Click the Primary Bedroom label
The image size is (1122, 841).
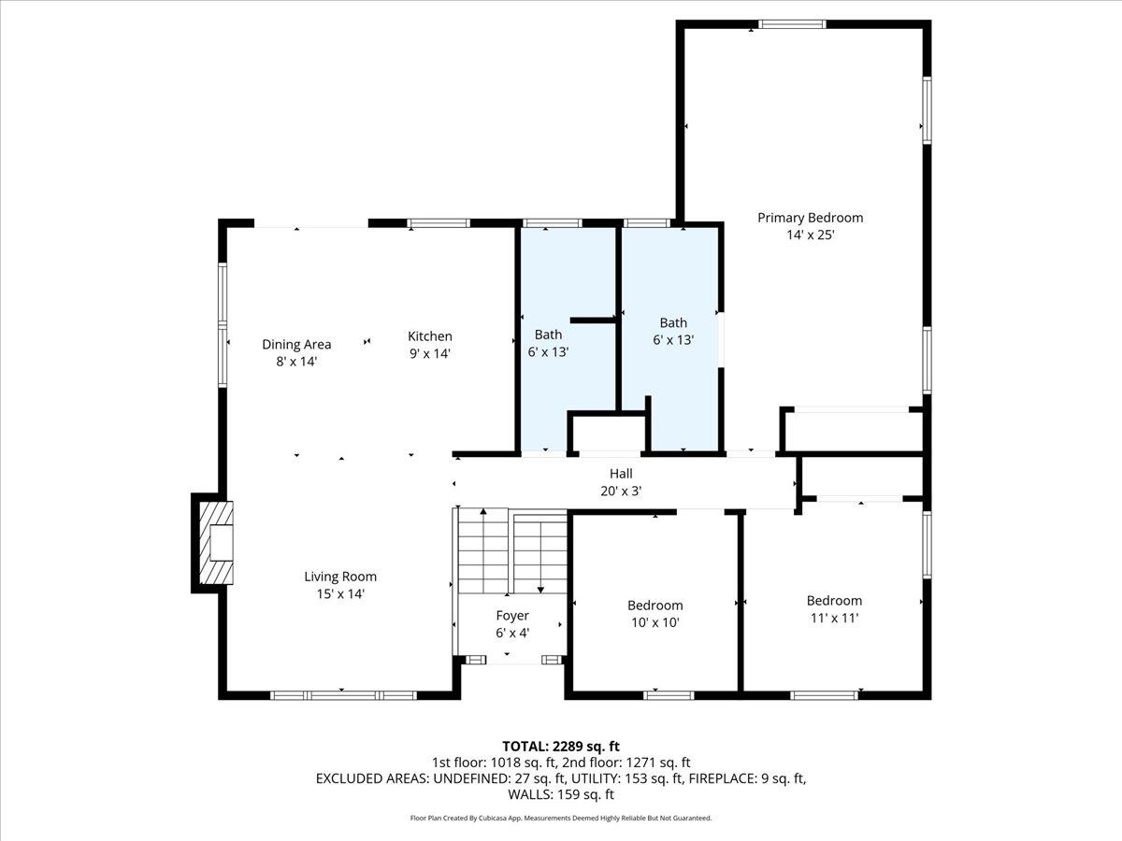[811, 218]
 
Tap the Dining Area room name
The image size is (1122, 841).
[296, 344]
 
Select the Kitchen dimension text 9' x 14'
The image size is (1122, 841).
[430, 353]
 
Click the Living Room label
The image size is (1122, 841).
[340, 577]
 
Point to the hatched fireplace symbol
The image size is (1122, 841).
[216, 543]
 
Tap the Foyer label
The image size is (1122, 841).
[512, 616]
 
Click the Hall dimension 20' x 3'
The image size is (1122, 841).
[621, 492]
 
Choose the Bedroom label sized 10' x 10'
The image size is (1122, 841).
[655, 606]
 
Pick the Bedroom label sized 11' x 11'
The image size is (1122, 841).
[834, 601]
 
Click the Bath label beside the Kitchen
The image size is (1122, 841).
[549, 335]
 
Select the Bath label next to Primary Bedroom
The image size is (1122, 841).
[673, 322]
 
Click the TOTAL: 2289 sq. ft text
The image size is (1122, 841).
[561, 747]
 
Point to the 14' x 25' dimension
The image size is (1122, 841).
[811, 235]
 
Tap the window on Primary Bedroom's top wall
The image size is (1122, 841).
[792, 24]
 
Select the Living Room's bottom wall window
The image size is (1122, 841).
[343, 695]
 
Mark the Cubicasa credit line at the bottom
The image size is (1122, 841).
[561, 818]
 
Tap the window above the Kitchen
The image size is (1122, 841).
[439, 223]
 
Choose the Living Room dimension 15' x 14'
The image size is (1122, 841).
[340, 594]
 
